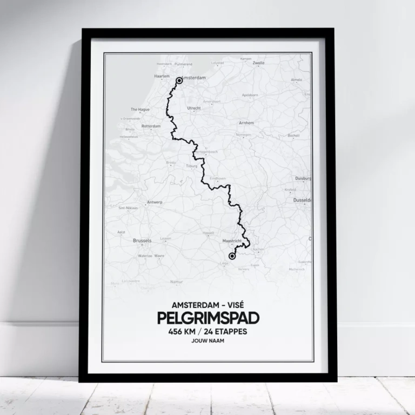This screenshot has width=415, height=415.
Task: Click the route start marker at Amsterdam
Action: [x=179, y=81]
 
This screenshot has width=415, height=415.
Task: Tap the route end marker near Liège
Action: [x=232, y=256]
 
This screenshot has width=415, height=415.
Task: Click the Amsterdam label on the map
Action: [x=195, y=78]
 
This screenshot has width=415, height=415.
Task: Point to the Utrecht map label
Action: [x=193, y=108]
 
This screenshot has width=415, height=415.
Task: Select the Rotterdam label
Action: [x=151, y=126]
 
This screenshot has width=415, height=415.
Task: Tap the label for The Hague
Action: [x=139, y=109]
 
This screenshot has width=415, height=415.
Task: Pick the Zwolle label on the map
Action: [x=259, y=63]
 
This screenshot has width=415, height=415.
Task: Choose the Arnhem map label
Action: [x=246, y=123]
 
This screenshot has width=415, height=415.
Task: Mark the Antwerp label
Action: [x=155, y=202]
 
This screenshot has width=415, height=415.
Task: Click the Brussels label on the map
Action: [x=142, y=240]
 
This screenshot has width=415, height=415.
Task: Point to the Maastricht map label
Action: [x=232, y=241]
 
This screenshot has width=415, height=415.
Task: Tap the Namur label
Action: [x=176, y=282]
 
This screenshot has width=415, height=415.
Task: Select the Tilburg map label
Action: [x=192, y=166]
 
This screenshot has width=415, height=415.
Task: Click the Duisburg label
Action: [x=303, y=178]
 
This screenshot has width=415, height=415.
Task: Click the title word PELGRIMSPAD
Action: [x=207, y=318]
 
